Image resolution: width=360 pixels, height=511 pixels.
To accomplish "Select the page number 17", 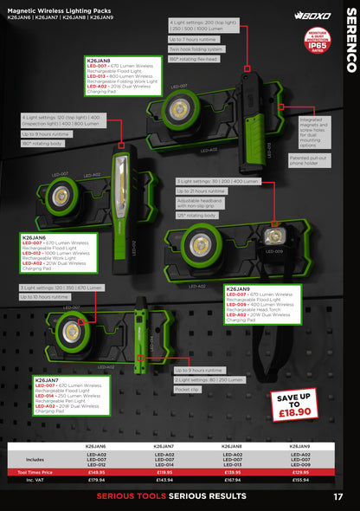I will tap(338, 495).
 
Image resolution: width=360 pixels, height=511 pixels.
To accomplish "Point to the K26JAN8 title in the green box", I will tap(99, 61).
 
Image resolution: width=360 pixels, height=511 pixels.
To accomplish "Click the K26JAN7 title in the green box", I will tap(48, 378).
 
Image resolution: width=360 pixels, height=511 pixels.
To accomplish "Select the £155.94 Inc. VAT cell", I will tap(300, 479).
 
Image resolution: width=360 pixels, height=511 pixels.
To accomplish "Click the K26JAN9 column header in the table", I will tap(300, 446).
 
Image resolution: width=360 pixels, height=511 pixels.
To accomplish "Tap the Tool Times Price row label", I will tap(35, 472).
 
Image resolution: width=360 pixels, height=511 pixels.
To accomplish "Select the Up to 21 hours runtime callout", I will tap(201, 191).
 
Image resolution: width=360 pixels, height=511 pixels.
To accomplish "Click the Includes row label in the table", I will tap(35, 459).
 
